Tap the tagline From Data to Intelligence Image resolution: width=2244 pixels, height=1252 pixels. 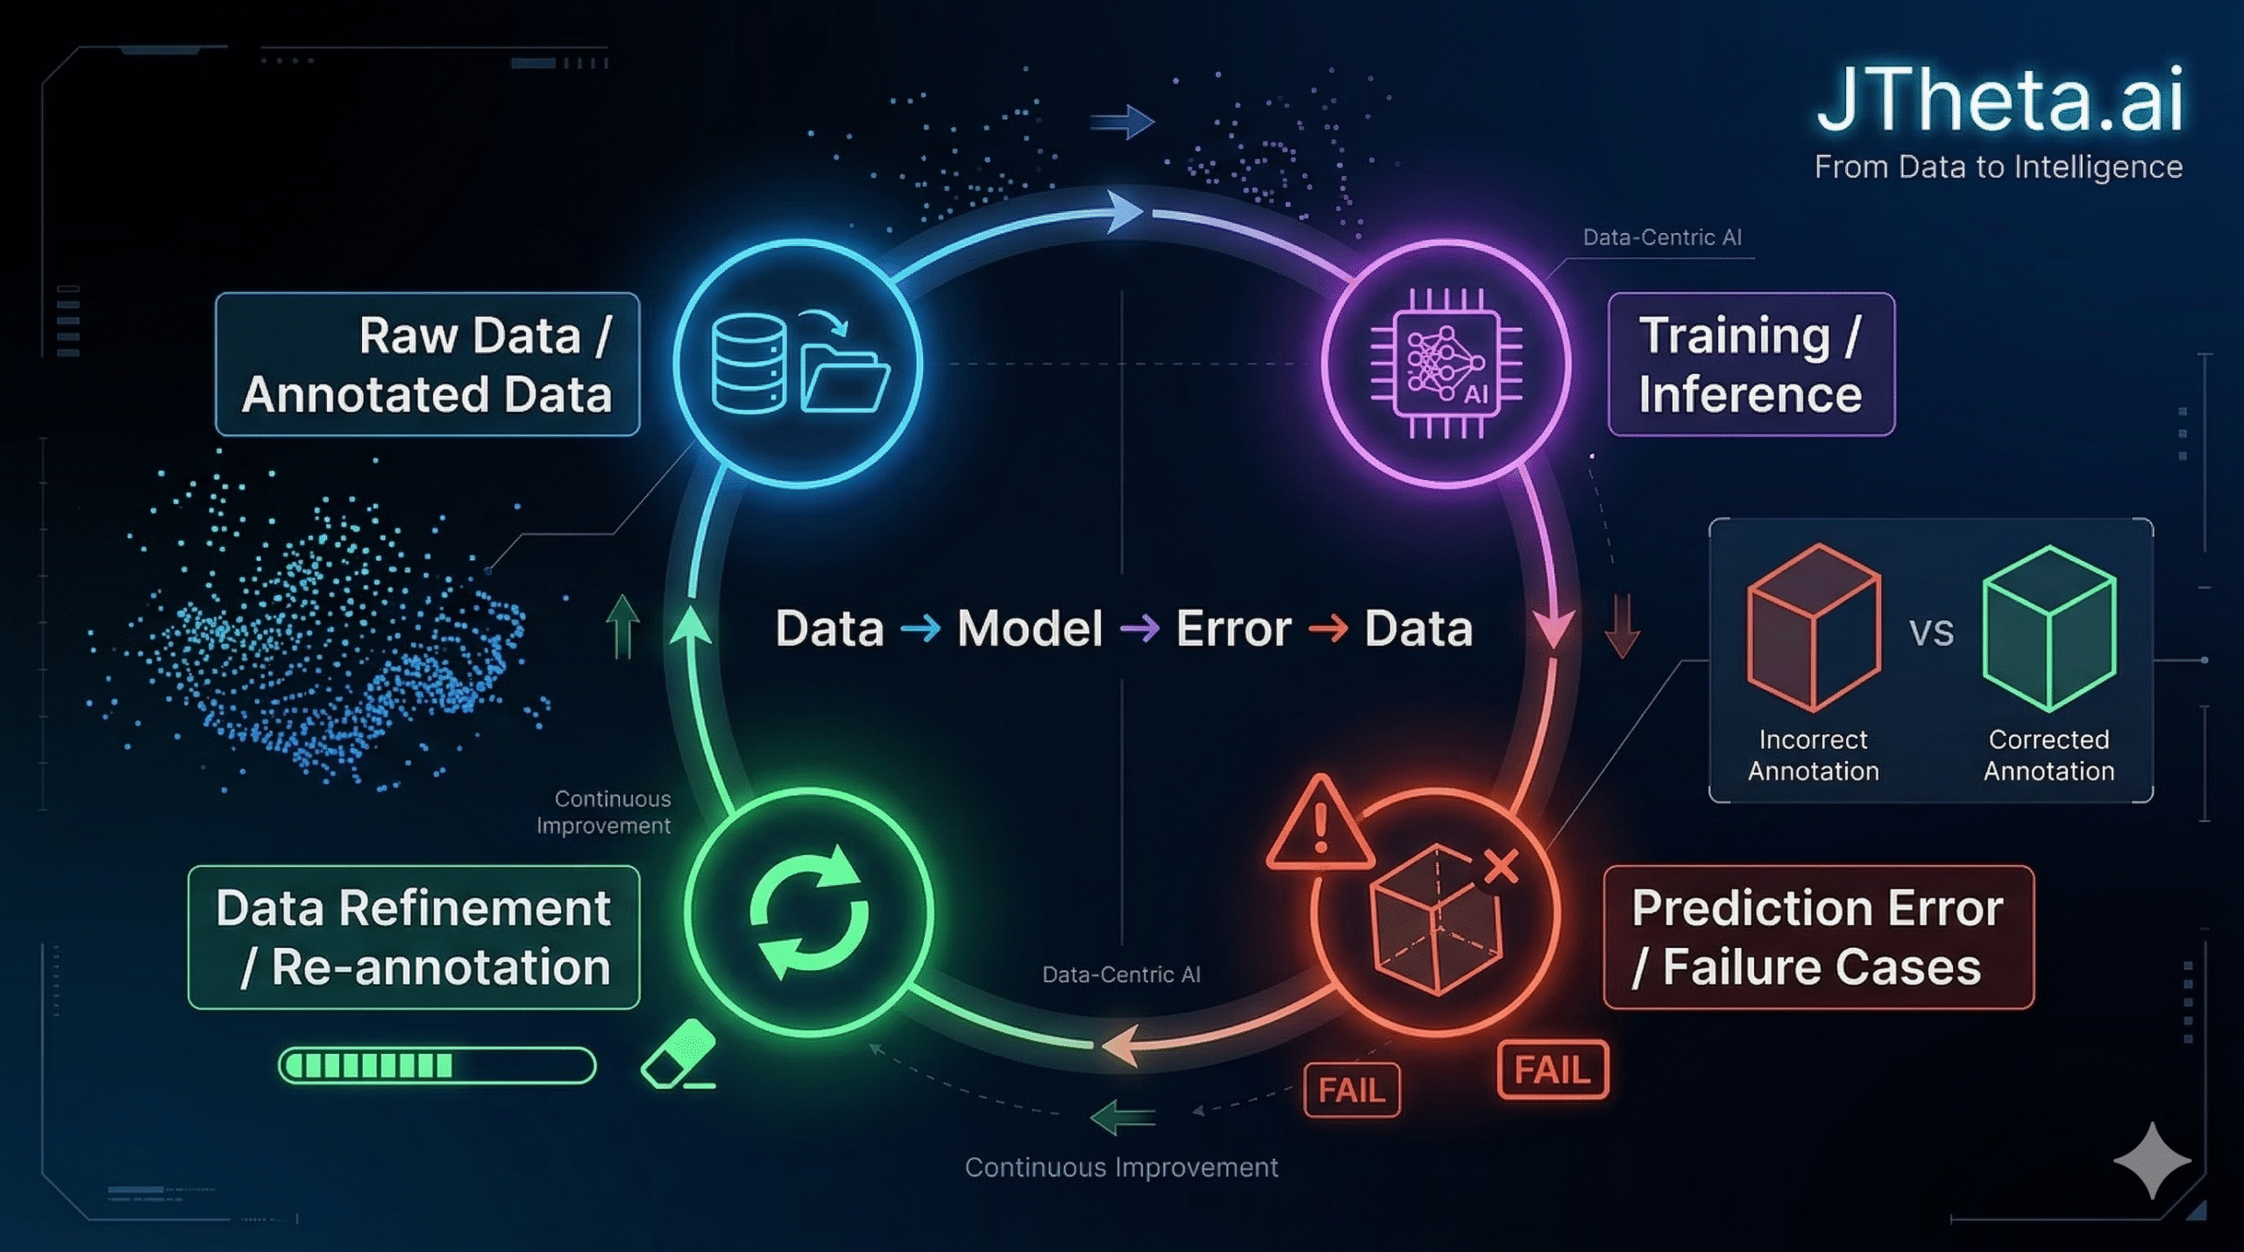click(1998, 167)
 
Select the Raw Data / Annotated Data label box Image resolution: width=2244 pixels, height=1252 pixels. click(427, 364)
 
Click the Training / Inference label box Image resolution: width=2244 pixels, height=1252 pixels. click(1750, 364)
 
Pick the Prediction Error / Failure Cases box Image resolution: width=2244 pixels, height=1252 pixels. click(1818, 937)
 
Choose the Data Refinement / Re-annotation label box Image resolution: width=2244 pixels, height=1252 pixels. click(414, 937)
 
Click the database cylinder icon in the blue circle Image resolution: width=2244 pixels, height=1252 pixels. click(749, 364)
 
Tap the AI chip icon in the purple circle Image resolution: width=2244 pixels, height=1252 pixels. click(1446, 364)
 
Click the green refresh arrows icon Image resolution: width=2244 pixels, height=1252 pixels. click(809, 912)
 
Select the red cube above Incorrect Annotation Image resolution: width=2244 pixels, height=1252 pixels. click(1813, 627)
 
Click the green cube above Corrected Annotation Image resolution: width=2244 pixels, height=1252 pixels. click(2049, 627)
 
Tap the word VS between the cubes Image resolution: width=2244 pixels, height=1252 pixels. click(1931, 633)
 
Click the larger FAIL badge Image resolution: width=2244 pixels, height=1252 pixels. click(1552, 1070)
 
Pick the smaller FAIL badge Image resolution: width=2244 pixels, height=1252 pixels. click(1352, 1091)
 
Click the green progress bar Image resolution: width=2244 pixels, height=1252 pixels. click(437, 1066)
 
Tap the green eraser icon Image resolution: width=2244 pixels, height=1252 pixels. click(678, 1054)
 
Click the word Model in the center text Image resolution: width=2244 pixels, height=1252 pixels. click(1029, 629)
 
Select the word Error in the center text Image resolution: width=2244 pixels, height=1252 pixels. click(1233, 629)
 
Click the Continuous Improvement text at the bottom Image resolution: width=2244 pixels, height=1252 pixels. click(1121, 1168)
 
